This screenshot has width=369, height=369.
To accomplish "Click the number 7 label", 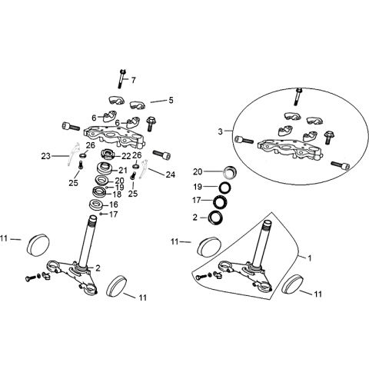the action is pyautogui.click(x=133, y=80).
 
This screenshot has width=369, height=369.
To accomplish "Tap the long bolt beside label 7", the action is pyautogui.click(x=121, y=78).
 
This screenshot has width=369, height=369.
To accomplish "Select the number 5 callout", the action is pyautogui.click(x=171, y=100).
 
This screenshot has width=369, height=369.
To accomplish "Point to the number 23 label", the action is pyautogui.click(x=46, y=156).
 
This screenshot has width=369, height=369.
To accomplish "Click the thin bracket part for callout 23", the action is pyautogui.click(x=73, y=155).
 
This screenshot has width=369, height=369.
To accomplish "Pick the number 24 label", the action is pyautogui.click(x=171, y=175).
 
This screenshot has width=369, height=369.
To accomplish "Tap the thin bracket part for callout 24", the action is pyautogui.click(x=144, y=169).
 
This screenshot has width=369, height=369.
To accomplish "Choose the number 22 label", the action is pyautogui.click(x=126, y=156).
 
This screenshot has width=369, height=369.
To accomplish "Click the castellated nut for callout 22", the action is pyautogui.click(x=108, y=155).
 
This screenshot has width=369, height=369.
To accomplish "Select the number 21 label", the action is pyautogui.click(x=123, y=170).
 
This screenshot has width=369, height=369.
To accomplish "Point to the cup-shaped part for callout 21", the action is pyautogui.click(x=105, y=168).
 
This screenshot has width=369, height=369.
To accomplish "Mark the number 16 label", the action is pyautogui.click(x=114, y=204).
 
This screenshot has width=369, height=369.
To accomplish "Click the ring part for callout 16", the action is pyautogui.click(x=95, y=205).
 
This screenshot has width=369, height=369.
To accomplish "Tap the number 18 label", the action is pyautogui.click(x=117, y=194).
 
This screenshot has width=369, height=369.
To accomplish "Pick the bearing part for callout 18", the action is pyautogui.click(x=98, y=191).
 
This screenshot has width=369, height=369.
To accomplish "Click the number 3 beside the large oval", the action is pyautogui.click(x=221, y=131).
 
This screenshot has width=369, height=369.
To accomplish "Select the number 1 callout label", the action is pyautogui.click(x=310, y=258).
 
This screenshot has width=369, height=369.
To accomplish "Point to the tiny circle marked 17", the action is pyautogui.click(x=101, y=214).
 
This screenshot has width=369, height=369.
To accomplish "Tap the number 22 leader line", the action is pyautogui.click(x=117, y=156).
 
